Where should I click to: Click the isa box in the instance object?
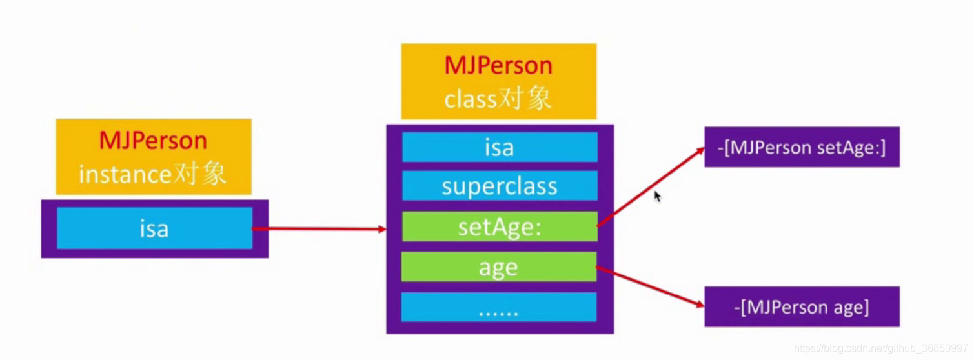click(x=154, y=228)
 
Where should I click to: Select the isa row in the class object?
click(x=500, y=147)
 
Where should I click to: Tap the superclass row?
click(x=500, y=186)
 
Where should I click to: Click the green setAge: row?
click(x=500, y=226)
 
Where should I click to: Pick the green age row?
click(x=498, y=267)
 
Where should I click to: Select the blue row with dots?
click(x=498, y=307)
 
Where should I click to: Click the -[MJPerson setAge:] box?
click(x=802, y=147)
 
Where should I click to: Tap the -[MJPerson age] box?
click(x=802, y=306)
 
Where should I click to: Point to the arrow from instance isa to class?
click(x=316, y=229)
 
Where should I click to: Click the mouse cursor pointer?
click(x=657, y=196)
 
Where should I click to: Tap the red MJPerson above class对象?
click(x=498, y=66)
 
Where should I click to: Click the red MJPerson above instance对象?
click(x=153, y=141)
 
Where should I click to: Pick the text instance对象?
click(x=153, y=174)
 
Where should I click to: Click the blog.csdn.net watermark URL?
click(x=880, y=348)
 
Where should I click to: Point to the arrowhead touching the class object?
click(x=381, y=229)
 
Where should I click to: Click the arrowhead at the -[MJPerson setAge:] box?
click(x=700, y=150)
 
